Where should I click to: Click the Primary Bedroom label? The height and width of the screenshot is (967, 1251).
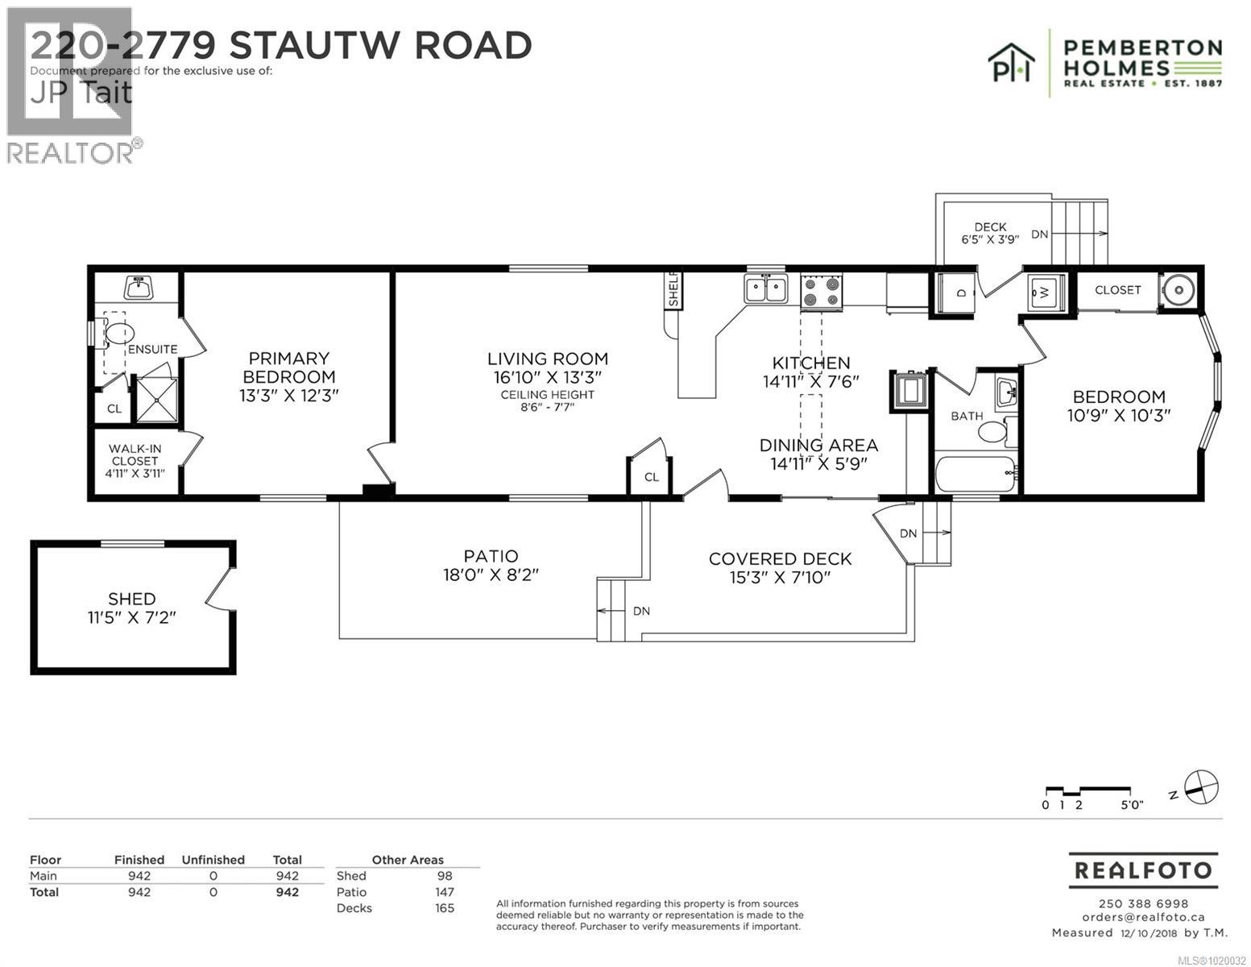point(288,367)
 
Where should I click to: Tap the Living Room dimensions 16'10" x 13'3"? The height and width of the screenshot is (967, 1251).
point(547,377)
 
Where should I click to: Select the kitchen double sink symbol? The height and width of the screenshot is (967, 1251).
point(765,288)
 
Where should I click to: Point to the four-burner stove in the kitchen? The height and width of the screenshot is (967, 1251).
point(821,291)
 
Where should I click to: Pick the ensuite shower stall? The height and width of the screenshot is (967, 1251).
point(155,400)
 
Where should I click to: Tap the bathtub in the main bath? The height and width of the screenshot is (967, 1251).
point(976,472)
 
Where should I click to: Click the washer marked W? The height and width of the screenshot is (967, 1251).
point(1046,292)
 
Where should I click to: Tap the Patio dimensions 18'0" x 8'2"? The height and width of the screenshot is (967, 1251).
point(491,575)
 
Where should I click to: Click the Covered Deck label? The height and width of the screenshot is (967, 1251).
point(780,558)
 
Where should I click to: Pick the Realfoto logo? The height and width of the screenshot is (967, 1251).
point(1143,870)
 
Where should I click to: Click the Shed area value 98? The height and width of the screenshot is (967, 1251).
point(444,876)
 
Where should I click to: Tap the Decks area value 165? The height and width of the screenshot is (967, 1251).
point(444,908)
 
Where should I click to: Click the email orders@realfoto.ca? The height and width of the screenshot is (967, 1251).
point(1143,917)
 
